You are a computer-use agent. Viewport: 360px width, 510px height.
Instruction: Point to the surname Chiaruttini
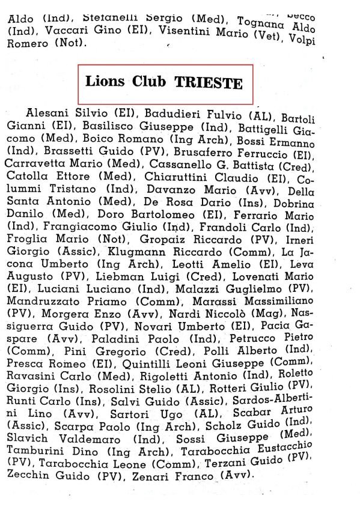[x=175, y=177]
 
